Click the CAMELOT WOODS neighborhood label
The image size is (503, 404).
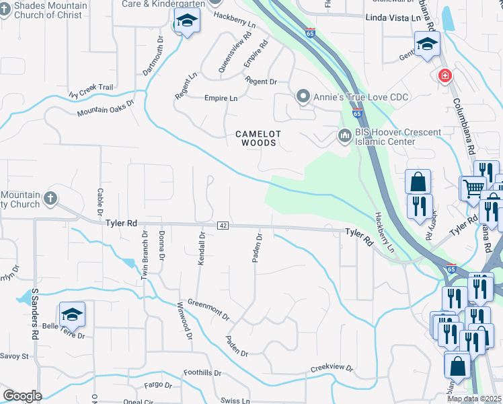(x=256, y=139)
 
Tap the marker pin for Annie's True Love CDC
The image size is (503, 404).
(x=303, y=97)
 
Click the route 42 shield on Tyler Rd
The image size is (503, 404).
(x=221, y=226)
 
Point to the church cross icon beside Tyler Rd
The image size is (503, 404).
(x=50, y=198)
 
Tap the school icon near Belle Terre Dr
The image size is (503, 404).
(x=72, y=314)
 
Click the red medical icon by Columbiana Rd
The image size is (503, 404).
(x=444, y=75)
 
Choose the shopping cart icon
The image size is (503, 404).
(x=472, y=187)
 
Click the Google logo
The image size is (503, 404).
(x=22, y=396)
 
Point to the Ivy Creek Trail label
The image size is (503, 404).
(x=91, y=88)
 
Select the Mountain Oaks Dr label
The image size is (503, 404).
(x=106, y=109)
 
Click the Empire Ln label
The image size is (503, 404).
(x=221, y=98)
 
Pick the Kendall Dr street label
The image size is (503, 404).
(x=201, y=248)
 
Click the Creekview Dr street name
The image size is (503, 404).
(x=332, y=368)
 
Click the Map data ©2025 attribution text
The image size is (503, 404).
(x=475, y=399)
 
